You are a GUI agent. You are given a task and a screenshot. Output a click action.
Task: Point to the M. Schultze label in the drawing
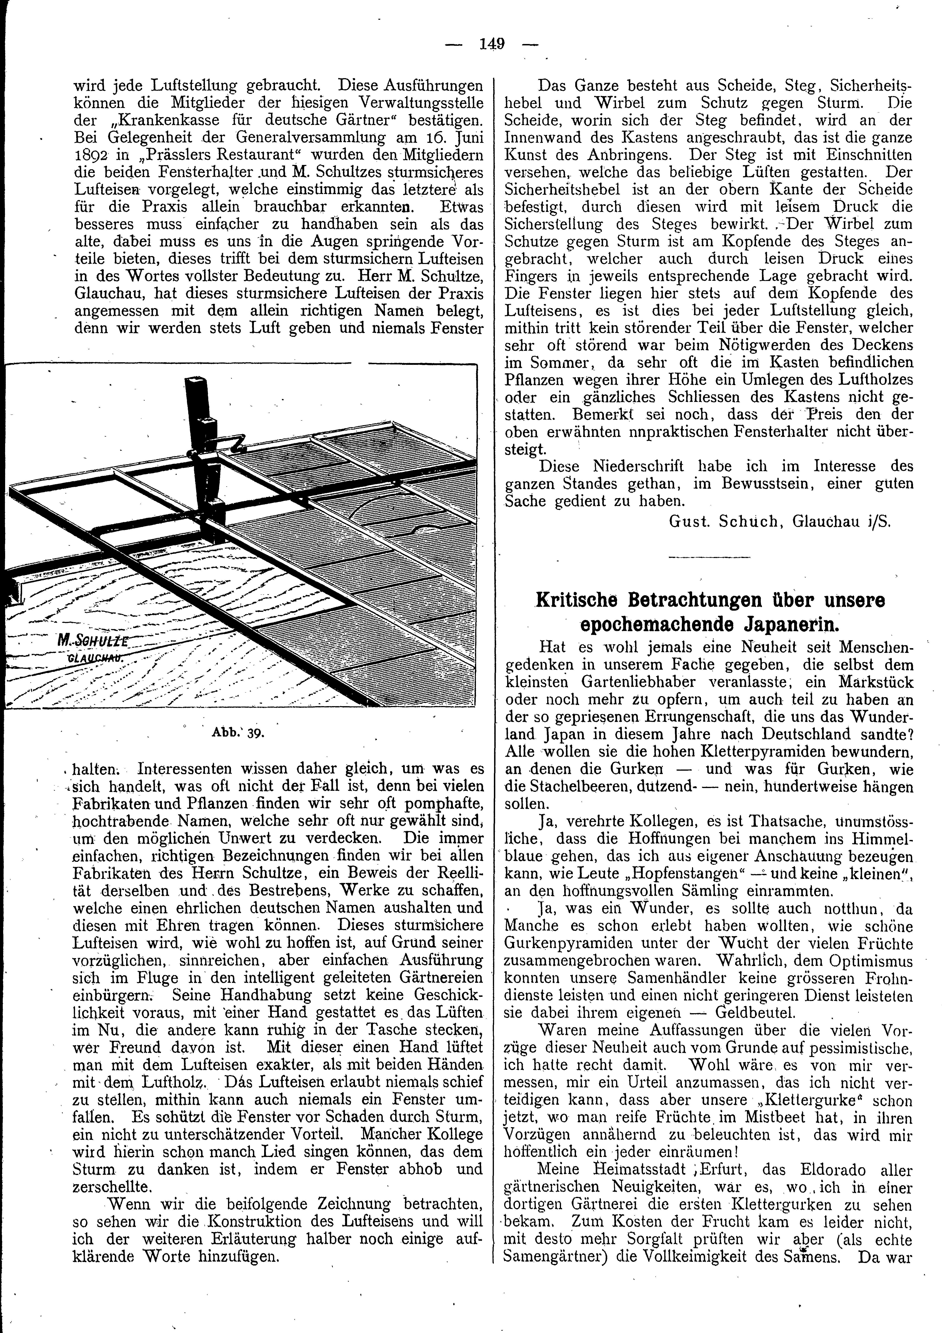tap(92, 640)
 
